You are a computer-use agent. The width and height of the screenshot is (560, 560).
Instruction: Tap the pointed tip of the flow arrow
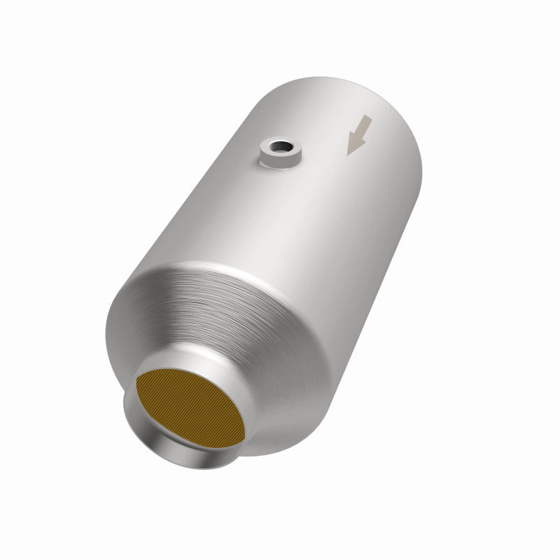coord(350,153)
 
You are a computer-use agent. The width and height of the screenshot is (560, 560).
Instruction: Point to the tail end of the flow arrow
coord(369,119)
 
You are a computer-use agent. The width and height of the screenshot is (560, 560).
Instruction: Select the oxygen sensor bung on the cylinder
coord(279,152)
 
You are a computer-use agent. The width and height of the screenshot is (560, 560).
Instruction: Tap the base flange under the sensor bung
coord(279,164)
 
